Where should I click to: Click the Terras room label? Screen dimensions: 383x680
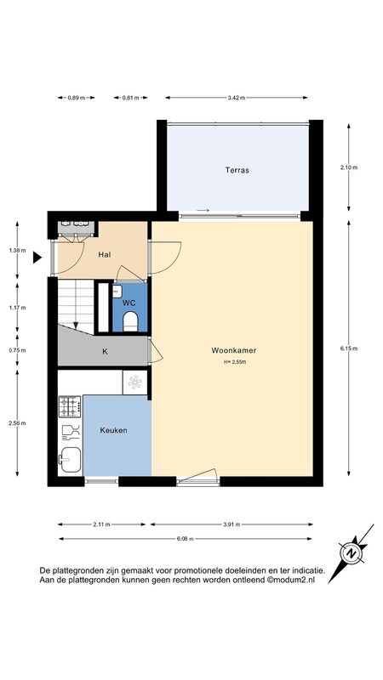pos(237,171)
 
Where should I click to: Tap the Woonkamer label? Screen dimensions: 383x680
pos(233,350)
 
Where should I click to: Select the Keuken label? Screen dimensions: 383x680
pos(113,430)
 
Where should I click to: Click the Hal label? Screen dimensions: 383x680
pos(104,254)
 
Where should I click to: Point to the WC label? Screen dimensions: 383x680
pos(129,303)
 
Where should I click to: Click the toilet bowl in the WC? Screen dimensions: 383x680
pos(130,322)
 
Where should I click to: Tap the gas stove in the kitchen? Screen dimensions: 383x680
pos(70,406)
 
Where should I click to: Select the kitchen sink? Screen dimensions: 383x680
pos(70,460)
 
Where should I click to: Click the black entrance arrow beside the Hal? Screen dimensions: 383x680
pos(37,258)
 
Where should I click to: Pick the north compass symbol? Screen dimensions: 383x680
pos(351,553)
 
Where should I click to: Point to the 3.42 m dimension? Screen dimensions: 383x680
pos(237,98)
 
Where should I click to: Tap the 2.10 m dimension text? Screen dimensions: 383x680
pos(349,167)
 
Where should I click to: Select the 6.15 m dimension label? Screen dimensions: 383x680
pos(349,348)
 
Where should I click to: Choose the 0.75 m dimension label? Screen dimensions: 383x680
pos(17,350)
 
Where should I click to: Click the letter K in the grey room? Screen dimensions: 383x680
pos(105,352)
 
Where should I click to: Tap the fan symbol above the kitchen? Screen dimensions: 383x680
pos(135,382)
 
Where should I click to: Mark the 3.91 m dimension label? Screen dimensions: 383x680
pos(232,524)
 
